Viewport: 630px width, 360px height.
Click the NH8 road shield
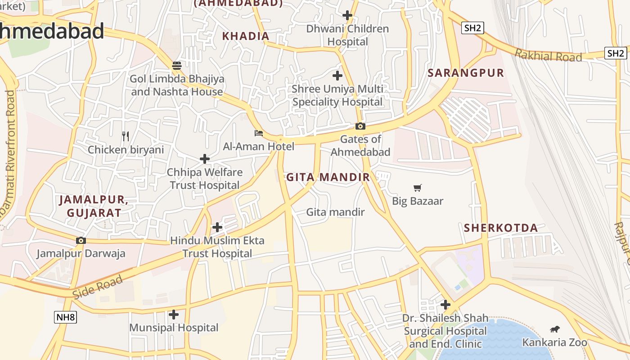pos(65,317)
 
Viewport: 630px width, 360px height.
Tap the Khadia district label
pos(246,36)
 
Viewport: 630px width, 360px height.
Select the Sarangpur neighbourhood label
pos(466,73)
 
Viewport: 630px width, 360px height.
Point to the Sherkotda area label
pos(501,228)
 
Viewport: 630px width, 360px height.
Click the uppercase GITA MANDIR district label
pos(328,177)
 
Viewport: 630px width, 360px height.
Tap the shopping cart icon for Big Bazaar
pos(418,188)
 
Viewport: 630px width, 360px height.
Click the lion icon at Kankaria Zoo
pos(554,329)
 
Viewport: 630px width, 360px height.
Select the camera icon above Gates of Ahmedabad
pos(360,126)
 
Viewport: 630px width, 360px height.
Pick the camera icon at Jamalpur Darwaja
pos(81,241)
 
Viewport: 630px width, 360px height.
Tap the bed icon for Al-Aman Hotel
pos(259,133)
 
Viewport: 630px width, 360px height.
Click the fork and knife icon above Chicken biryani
pos(126,136)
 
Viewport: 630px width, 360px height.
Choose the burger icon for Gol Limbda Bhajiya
pos(177,66)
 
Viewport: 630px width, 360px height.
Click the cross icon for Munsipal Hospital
pos(174,315)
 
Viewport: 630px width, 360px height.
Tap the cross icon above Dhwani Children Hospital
pos(347,15)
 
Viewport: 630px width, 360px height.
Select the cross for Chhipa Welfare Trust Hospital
pos(205,159)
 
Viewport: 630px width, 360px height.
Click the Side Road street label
pos(97,286)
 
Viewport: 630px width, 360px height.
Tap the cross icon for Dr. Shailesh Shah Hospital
pos(445,305)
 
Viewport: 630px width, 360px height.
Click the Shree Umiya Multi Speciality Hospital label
pos(337,95)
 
